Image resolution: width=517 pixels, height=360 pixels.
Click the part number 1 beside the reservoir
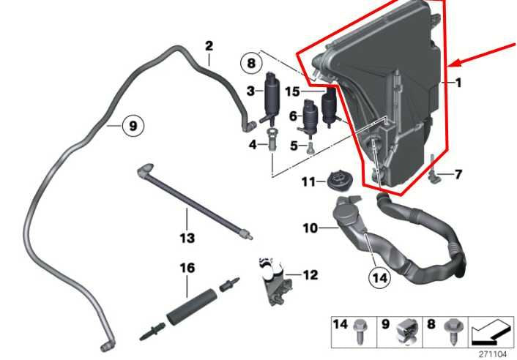pyautogui.click(x=458, y=83)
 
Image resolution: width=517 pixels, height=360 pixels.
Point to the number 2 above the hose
pyautogui.click(x=209, y=46)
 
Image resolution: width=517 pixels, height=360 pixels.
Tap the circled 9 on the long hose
pyautogui.click(x=133, y=126)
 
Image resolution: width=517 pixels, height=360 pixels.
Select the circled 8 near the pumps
pyautogui.click(x=251, y=63)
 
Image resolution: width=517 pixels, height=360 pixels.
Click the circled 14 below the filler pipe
pyautogui.click(x=379, y=277)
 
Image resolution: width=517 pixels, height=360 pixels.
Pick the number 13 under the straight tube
pyautogui.click(x=187, y=238)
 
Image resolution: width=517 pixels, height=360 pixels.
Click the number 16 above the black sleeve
pyautogui.click(x=187, y=269)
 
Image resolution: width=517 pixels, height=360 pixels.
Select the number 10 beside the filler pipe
pyautogui.click(x=310, y=228)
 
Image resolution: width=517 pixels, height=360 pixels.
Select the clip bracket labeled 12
pyautogui.click(x=273, y=280)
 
